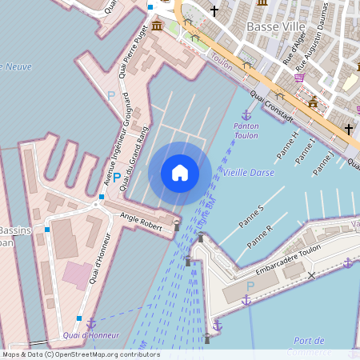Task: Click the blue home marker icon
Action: tap(180, 173)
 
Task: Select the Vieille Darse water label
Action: tap(248, 173)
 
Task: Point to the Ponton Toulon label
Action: tap(246, 131)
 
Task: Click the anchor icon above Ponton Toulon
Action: tap(246, 116)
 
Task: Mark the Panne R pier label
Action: tap(261, 236)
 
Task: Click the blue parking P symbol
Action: tap(117, 177)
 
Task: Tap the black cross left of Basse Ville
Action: tap(214, 11)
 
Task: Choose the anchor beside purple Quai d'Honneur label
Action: tap(92, 322)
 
